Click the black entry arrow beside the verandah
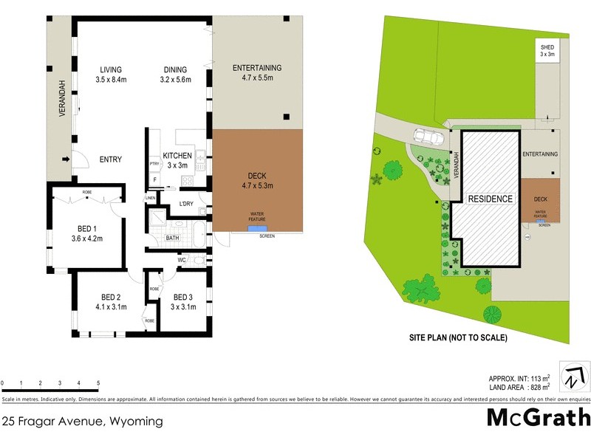click(x=65, y=159)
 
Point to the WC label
click(x=182, y=260)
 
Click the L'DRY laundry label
click(x=186, y=205)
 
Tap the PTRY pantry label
click(x=154, y=164)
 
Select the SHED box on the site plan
click(x=547, y=52)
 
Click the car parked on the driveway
click(x=428, y=137)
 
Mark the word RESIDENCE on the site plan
click(x=489, y=199)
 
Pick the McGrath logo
click(x=538, y=417)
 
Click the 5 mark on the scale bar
click(x=98, y=383)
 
